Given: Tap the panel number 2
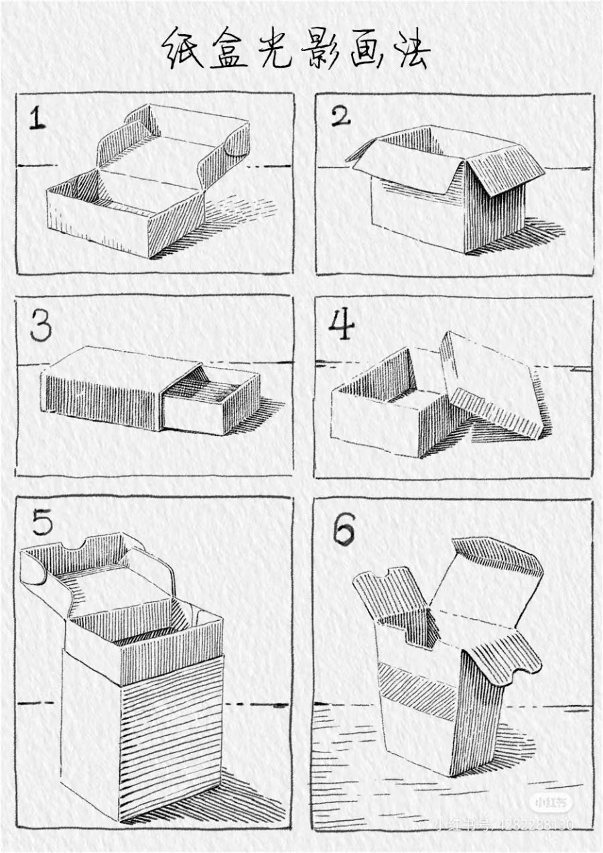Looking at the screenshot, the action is coord(340,116).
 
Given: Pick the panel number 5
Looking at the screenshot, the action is coord(42,522).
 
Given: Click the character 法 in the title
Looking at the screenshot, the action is coord(411,50).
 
